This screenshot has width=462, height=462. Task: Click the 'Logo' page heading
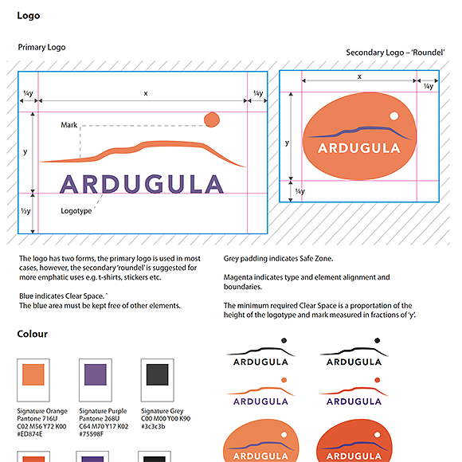[28, 16]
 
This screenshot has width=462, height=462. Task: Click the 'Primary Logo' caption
[41, 48]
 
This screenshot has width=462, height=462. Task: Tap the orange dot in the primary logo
[211, 120]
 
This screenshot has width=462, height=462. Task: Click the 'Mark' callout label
[69, 125]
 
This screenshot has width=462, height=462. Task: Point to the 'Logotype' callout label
[76, 211]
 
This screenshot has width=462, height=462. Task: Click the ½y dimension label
[25, 211]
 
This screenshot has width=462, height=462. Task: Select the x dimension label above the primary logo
[146, 93]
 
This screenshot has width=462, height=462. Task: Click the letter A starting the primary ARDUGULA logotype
[72, 184]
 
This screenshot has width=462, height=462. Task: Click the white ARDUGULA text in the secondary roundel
[358, 148]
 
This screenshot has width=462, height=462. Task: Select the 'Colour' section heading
[33, 334]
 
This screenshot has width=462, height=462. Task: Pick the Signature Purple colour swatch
[96, 375]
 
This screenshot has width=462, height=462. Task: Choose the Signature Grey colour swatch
[157, 375]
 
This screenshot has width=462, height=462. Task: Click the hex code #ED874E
[31, 435]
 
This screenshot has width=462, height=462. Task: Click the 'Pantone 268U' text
[101, 419]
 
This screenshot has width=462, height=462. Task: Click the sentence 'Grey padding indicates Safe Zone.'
[278, 259]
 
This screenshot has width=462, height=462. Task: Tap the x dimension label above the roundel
[360, 76]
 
